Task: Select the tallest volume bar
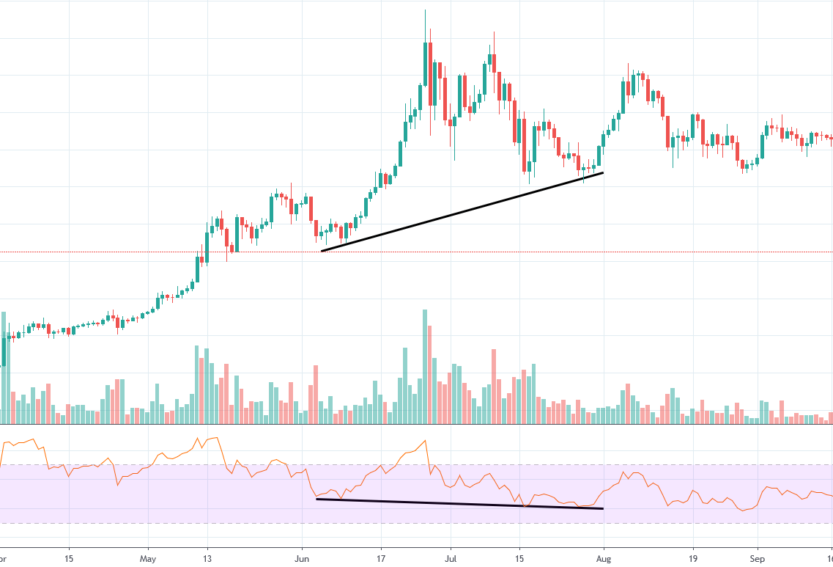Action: pos(425,367)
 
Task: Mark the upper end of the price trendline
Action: pos(603,172)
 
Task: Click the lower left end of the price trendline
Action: pos(322,251)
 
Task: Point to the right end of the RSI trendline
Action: pos(603,508)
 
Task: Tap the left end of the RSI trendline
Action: pos(316,499)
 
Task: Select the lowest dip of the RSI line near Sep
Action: pos(743,511)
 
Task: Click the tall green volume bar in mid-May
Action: pos(197,385)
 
